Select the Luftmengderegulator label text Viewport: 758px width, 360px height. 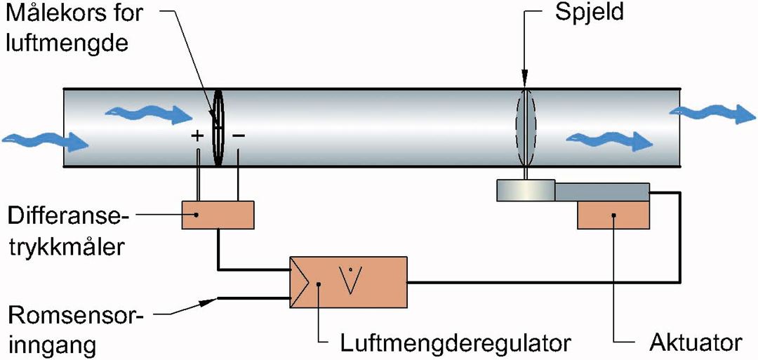[455, 343]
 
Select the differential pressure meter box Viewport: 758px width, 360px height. [218, 215]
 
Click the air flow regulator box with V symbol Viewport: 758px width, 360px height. [347, 281]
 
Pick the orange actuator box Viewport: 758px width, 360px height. [613, 215]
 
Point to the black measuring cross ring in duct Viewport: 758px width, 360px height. [218, 128]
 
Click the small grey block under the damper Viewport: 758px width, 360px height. [525, 190]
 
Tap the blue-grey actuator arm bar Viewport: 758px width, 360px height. [602, 190]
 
